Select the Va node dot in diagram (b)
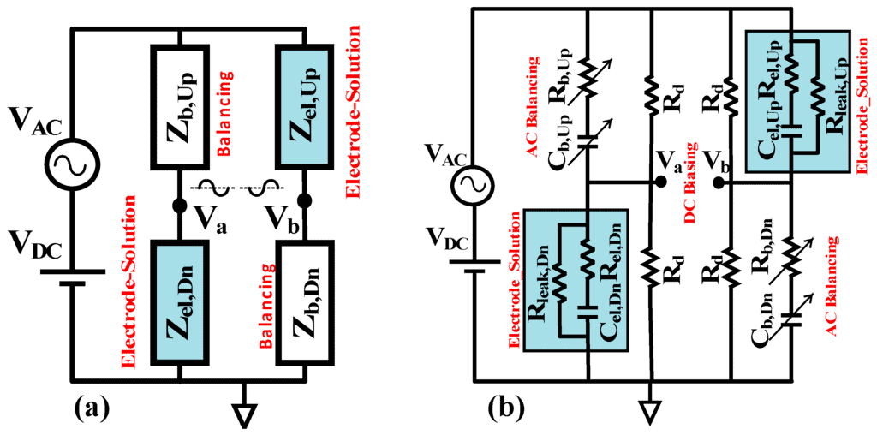tap(660, 182)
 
